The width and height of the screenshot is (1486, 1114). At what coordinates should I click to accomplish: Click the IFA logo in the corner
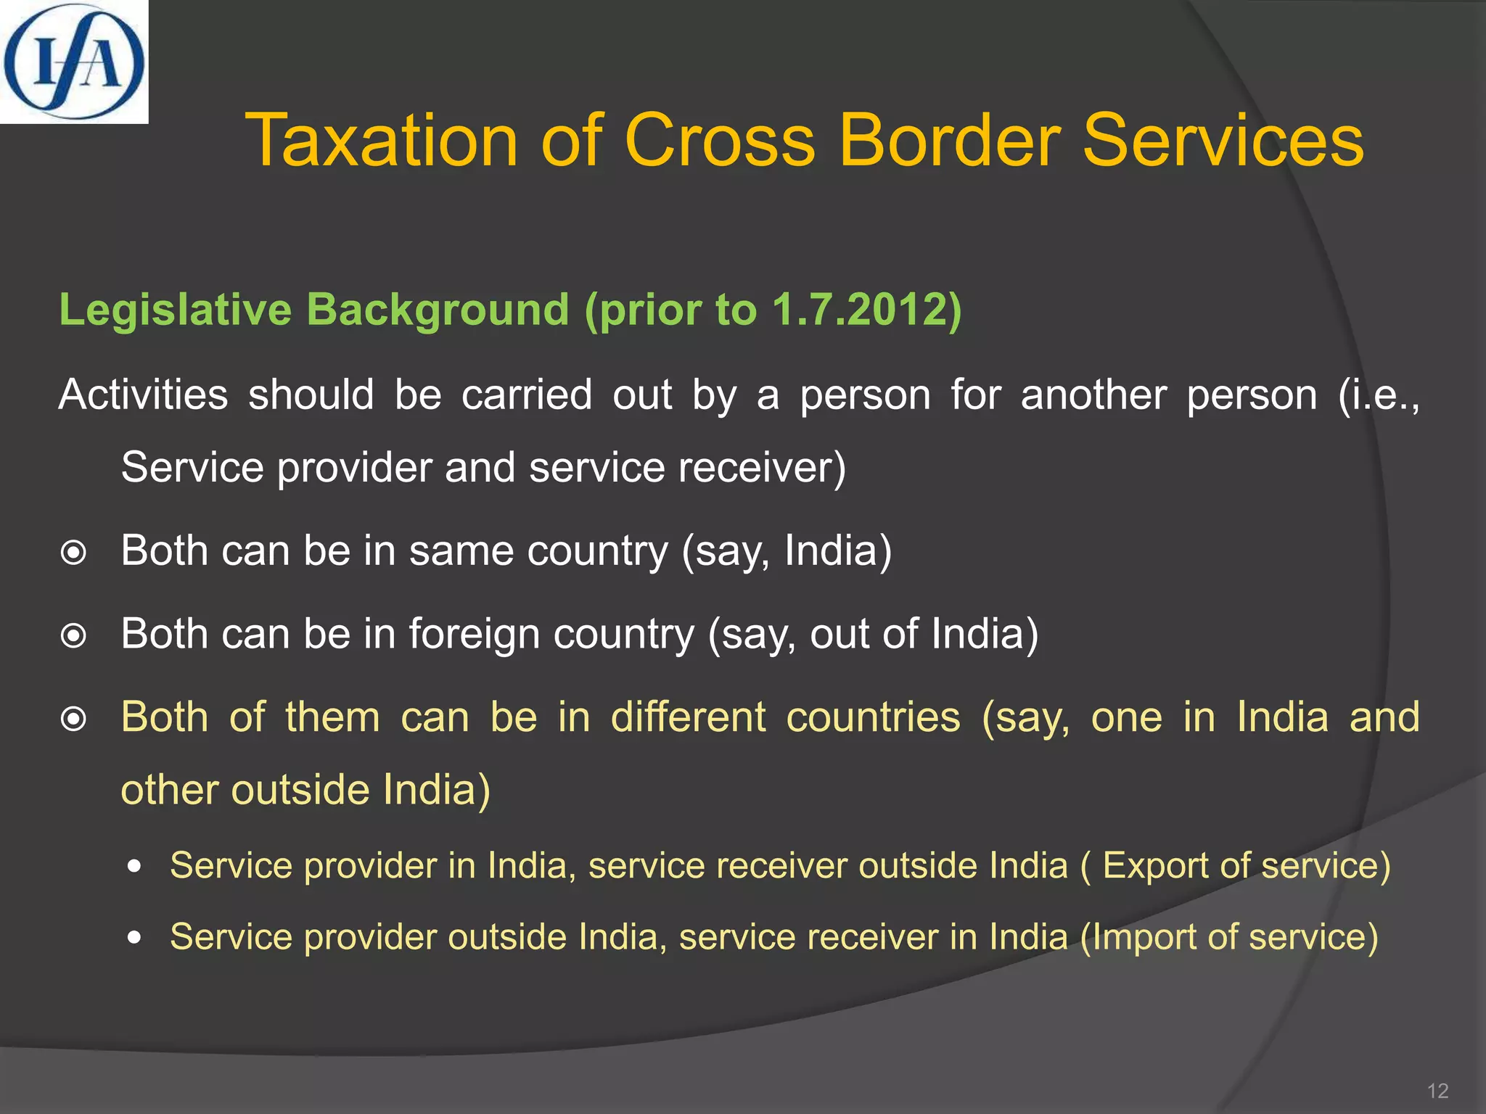coord(73,62)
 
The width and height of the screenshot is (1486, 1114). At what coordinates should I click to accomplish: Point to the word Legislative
coord(175,310)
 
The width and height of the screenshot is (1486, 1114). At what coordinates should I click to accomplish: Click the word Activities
coord(144,395)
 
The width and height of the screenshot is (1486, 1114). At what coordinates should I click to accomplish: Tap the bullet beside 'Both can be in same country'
coord(73,553)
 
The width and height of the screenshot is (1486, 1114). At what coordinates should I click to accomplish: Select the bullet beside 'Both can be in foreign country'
coord(73,637)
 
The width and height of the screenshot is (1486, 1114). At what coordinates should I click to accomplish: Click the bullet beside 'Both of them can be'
coord(73,719)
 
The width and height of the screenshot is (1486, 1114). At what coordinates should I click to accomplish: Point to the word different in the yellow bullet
coord(688,717)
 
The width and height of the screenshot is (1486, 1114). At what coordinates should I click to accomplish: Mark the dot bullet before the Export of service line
coord(134,867)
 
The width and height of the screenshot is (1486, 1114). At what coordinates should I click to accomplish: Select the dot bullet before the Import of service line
coord(134,938)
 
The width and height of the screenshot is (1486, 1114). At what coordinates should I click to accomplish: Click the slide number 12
coord(1437,1091)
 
